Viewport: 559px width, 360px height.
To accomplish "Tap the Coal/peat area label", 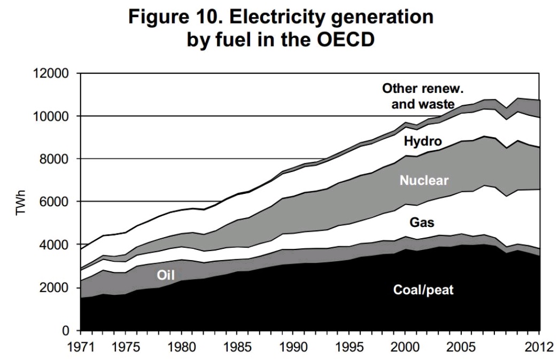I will [424, 291].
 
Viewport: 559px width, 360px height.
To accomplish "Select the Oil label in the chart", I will [165, 274].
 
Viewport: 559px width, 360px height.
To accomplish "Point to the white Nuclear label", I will [424, 181].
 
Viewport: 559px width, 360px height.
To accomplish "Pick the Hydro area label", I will [423, 141].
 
